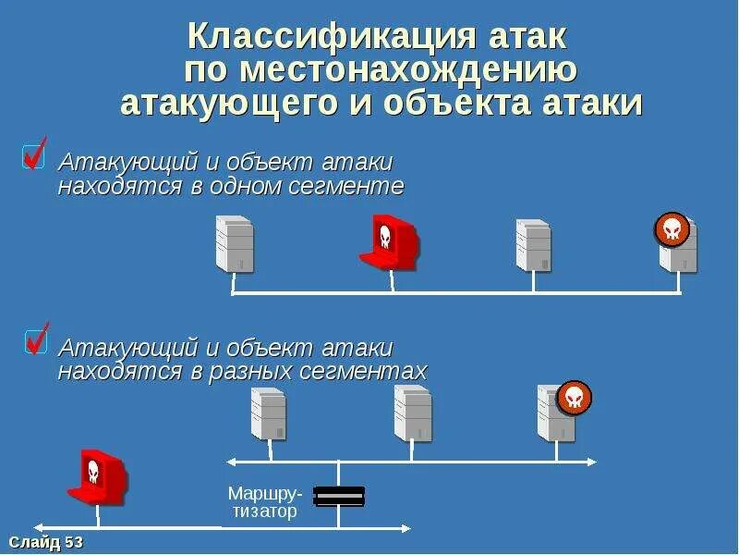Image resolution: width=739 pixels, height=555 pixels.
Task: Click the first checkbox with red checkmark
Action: [34, 154]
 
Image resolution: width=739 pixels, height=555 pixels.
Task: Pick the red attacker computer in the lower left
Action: [96, 476]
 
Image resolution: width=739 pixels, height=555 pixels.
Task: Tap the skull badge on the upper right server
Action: [672, 229]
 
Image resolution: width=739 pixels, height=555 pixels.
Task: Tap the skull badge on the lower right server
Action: [575, 398]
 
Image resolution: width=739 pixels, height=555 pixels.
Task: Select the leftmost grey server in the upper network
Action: [235, 244]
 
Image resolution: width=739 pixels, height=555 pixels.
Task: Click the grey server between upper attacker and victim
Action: [533, 245]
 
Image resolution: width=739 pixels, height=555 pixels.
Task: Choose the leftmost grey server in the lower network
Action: [269, 413]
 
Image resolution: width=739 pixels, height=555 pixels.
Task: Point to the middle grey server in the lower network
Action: [413, 413]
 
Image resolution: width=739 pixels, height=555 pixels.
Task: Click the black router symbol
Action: [339, 497]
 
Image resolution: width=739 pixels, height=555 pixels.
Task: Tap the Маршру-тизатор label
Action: [264, 501]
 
